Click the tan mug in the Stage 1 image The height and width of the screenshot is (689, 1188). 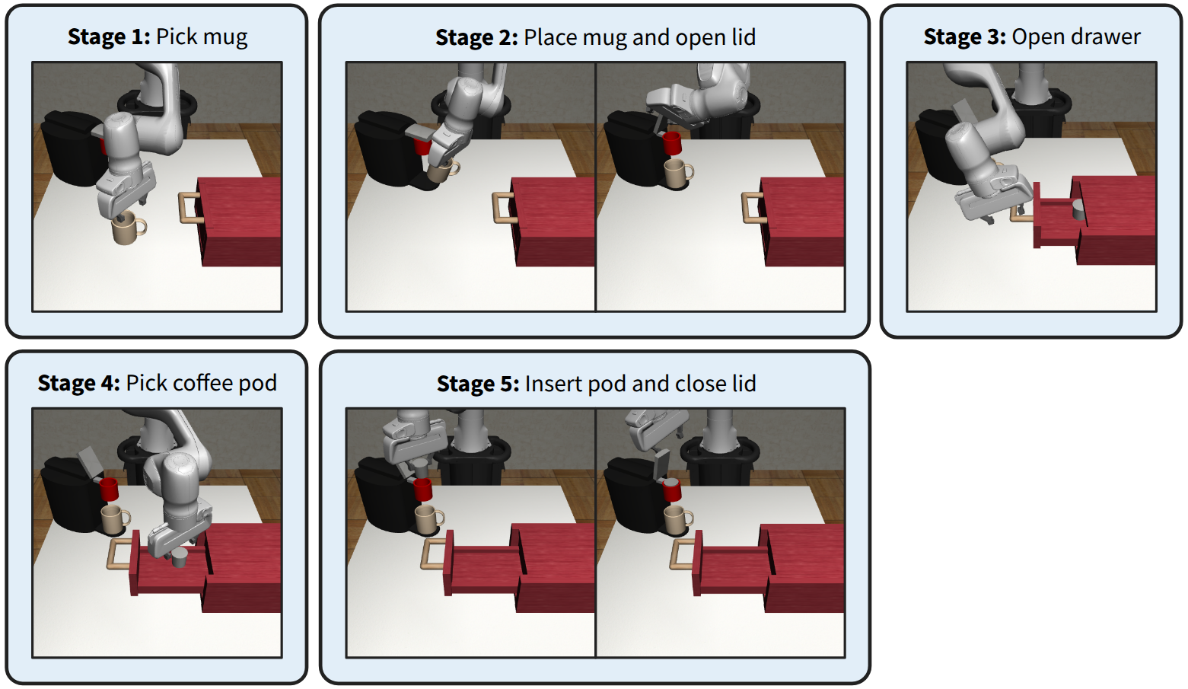128,228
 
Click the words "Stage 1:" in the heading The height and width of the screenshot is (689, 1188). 110,37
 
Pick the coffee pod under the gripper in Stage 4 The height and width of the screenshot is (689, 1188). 180,558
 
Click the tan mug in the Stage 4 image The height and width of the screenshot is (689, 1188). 113,519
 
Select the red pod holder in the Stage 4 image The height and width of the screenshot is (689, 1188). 109,489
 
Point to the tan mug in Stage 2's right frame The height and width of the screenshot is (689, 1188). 677,172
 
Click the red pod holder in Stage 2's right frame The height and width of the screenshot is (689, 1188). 672,143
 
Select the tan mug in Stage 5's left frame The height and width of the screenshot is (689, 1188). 428,519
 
